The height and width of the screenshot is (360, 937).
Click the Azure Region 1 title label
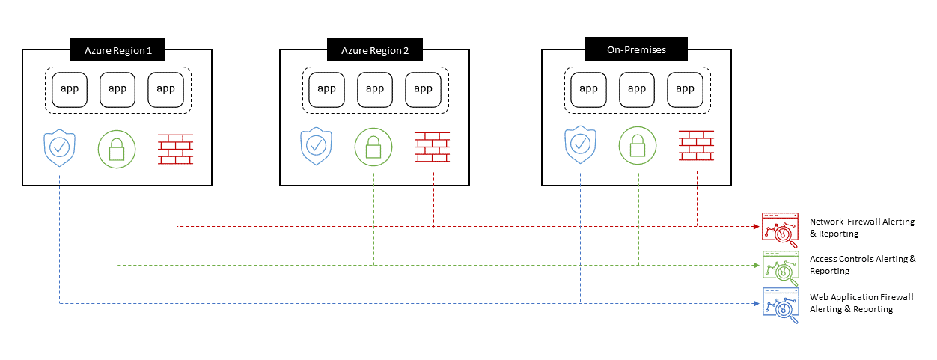pyautogui.click(x=117, y=51)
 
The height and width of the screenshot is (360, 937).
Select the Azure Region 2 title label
pyautogui.click(x=375, y=51)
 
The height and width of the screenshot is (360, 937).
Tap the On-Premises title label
pyautogui.click(x=636, y=50)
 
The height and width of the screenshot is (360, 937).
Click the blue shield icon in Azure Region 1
pyautogui.click(x=58, y=148)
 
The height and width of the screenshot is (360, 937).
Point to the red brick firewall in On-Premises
pyautogui.click(x=696, y=146)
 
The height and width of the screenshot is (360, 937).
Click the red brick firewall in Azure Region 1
pyautogui.click(x=176, y=150)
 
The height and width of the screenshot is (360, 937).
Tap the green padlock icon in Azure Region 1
pyautogui.click(x=116, y=150)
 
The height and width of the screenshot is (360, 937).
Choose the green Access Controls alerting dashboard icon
pyautogui.click(x=779, y=266)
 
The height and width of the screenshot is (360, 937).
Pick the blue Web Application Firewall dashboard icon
pyautogui.click(x=779, y=305)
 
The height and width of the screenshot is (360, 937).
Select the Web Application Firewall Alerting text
pyautogui.click(x=861, y=303)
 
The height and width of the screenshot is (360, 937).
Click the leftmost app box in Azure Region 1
pyautogui.click(x=70, y=89)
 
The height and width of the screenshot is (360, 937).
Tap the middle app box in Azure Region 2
pyautogui.click(x=375, y=89)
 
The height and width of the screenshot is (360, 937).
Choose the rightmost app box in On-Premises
pyautogui.click(x=685, y=89)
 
